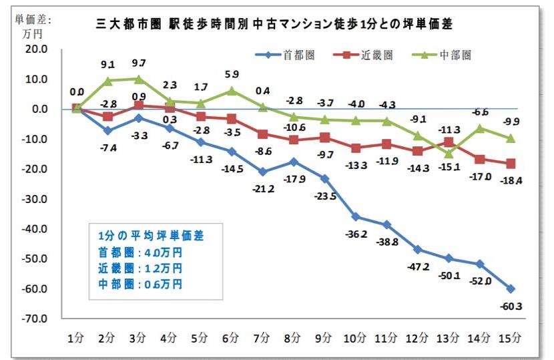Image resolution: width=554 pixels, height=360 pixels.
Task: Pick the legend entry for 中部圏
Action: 443,55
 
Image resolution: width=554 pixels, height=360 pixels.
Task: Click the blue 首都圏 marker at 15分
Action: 511,289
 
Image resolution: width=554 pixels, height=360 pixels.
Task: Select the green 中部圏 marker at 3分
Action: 138,79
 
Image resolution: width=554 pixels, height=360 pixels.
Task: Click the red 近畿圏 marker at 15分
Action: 511,164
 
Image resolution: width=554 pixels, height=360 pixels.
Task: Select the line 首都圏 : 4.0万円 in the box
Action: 140,253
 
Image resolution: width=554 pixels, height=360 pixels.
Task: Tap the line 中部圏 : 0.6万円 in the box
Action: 140,284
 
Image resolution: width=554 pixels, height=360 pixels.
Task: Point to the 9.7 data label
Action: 138,62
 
